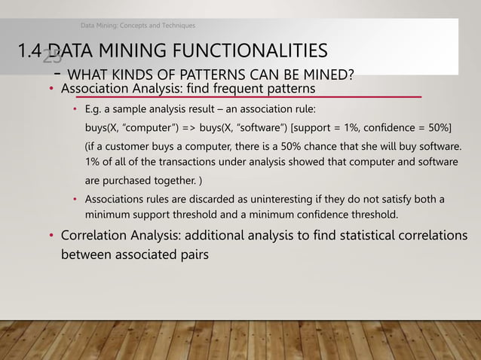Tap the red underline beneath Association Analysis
241,98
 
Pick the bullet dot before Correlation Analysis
51,236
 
